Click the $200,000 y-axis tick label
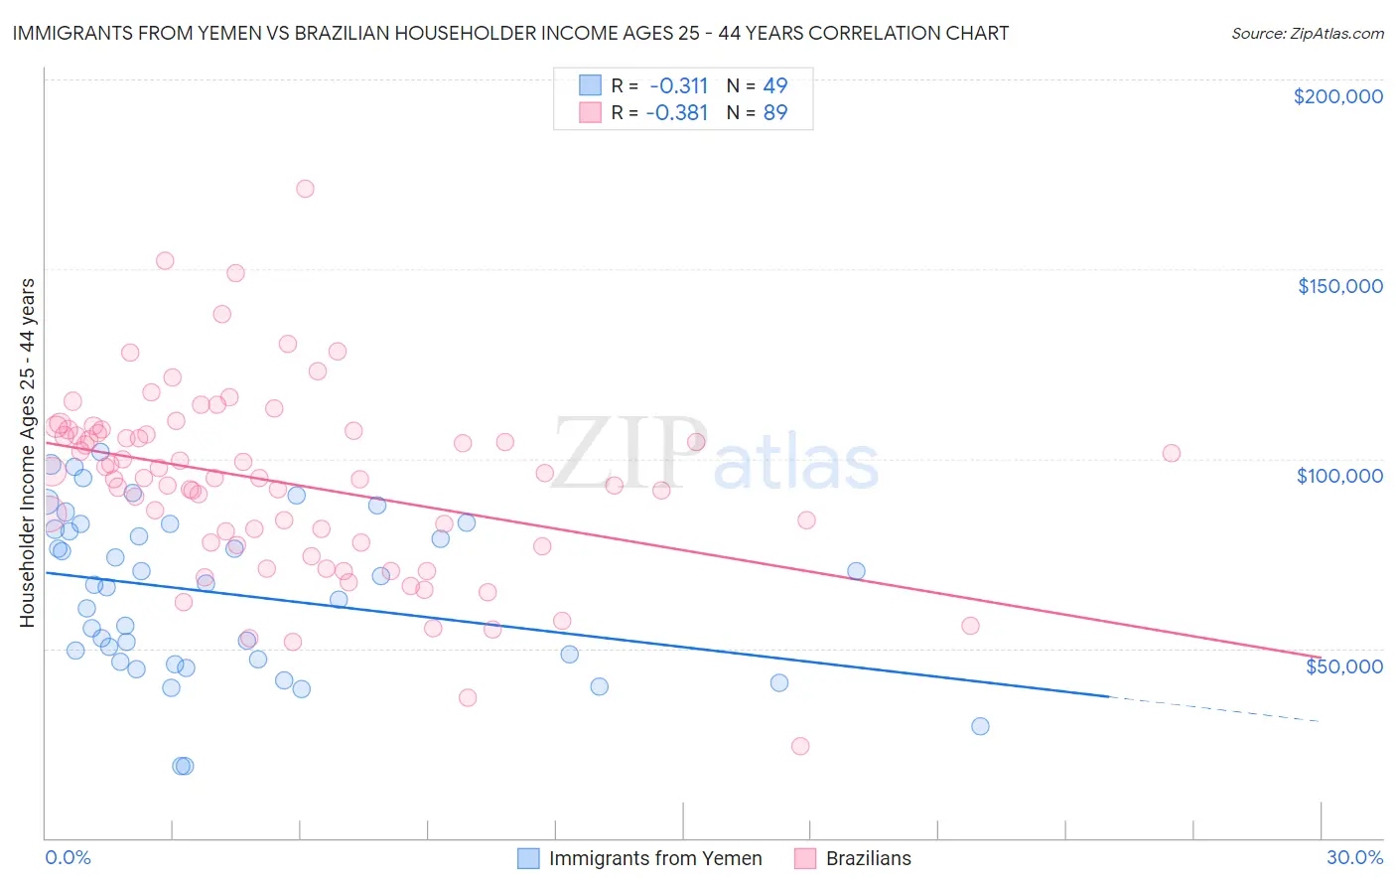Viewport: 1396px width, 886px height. [1337, 96]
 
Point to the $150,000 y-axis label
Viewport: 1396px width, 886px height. [1339, 286]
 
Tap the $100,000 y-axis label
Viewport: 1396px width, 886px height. [1339, 476]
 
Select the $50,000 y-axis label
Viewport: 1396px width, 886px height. [1343, 665]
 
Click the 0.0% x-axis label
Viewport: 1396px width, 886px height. [68, 857]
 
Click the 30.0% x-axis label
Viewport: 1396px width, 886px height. [1354, 857]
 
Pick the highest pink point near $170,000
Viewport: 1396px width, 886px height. [305, 189]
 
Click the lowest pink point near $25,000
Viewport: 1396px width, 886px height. [800, 746]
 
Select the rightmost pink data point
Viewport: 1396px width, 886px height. [1172, 453]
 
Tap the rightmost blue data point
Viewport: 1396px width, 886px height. [980, 726]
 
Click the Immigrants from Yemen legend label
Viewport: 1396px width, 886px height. [655, 858]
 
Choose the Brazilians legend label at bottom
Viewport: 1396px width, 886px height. [868, 858]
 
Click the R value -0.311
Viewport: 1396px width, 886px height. [678, 85]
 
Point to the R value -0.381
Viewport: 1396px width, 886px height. [677, 113]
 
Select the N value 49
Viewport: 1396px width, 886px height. [774, 85]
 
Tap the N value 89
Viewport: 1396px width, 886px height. [774, 113]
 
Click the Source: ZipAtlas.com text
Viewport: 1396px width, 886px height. [1307, 34]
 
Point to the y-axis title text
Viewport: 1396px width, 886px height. [27, 452]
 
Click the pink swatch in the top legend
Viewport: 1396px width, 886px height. [590, 112]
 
